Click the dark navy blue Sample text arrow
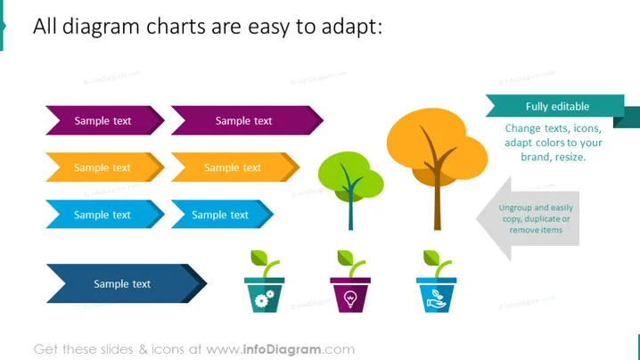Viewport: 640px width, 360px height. click(x=127, y=283)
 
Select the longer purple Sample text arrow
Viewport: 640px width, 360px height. click(x=247, y=120)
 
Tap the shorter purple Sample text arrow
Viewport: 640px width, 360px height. click(x=105, y=120)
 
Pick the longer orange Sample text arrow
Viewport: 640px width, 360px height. click(x=235, y=168)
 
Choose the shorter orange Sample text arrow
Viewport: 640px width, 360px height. click(x=105, y=168)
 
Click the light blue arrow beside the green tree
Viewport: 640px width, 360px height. click(x=222, y=214)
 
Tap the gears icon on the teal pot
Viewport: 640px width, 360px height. click(x=264, y=299)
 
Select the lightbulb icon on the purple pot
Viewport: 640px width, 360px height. click(x=350, y=299)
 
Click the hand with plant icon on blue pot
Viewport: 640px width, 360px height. click(x=437, y=299)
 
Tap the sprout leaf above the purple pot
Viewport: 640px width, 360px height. click(x=345, y=258)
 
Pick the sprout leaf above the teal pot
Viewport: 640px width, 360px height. click(x=258, y=258)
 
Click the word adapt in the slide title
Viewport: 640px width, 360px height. click(x=351, y=27)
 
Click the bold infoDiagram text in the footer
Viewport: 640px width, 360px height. click(x=282, y=349)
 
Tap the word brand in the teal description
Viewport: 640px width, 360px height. click(x=535, y=157)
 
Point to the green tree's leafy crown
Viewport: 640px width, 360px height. click(x=349, y=176)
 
